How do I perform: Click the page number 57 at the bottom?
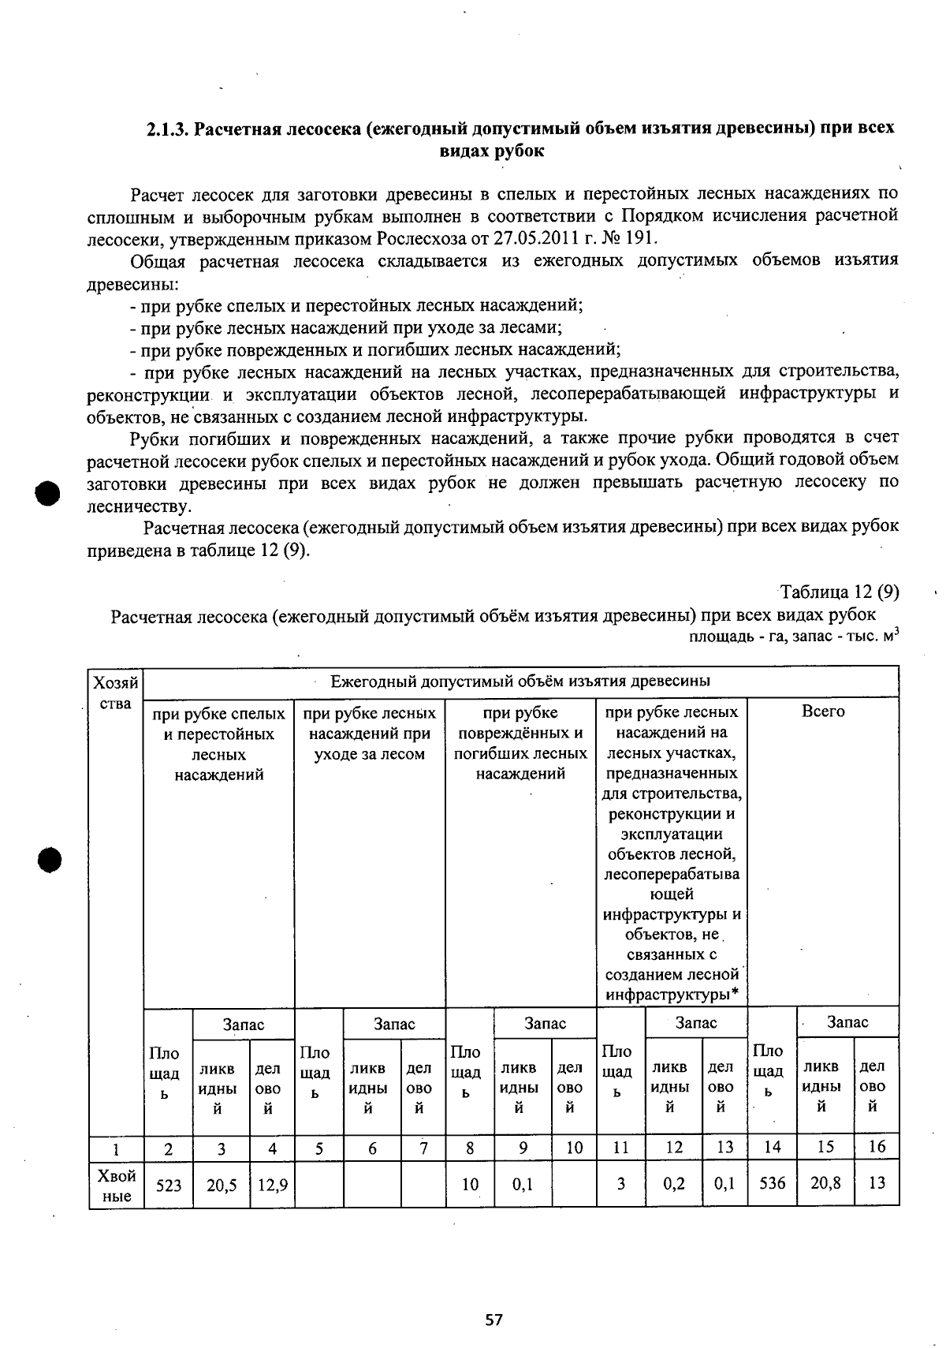pos(494,1320)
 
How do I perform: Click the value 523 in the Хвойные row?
pos(169,1185)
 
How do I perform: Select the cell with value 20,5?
pos(222,1185)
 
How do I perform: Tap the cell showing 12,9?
pos(272,1185)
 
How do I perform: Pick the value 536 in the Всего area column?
pos(773,1183)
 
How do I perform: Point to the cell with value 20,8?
pos(825,1183)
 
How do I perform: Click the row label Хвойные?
pos(117,1186)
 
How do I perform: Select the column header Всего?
pos(823,712)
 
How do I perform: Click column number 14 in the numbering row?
pos(773,1148)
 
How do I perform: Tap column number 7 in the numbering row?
pos(423,1148)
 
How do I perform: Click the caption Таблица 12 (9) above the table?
pos(840,592)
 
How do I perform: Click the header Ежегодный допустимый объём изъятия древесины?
pos(520,681)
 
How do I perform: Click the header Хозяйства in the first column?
pos(116,692)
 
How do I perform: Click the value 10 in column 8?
pos(470,1185)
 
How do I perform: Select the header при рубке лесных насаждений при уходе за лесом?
pos(369,734)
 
